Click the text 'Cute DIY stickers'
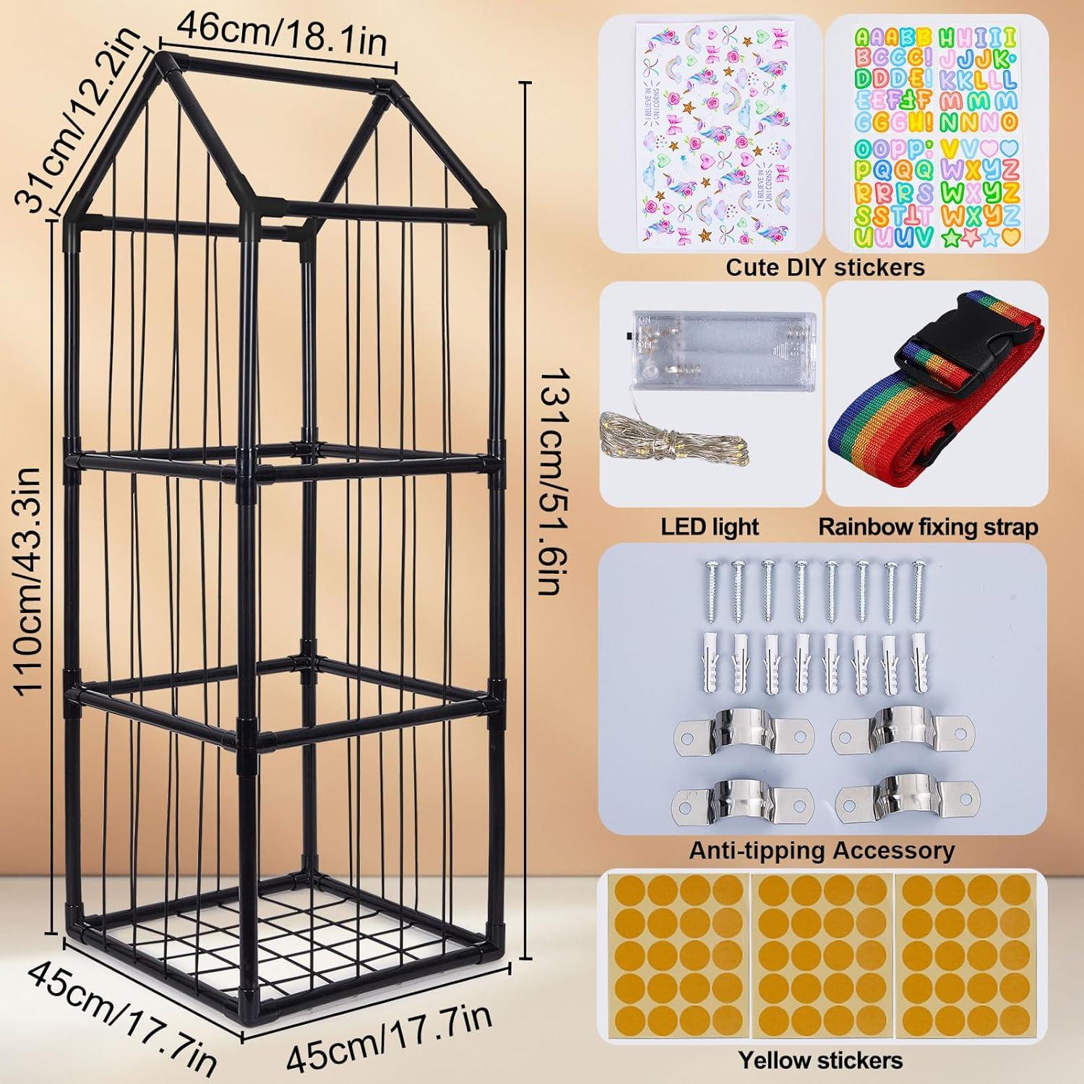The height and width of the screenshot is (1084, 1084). tap(825, 267)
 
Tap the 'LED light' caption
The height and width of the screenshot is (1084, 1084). tap(710, 526)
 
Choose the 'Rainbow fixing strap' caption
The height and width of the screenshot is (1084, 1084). tap(928, 527)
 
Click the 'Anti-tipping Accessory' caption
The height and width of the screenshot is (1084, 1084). tap(822, 851)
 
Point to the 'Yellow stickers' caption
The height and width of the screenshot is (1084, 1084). tap(820, 1060)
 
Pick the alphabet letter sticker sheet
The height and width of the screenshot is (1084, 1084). tap(937, 135)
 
